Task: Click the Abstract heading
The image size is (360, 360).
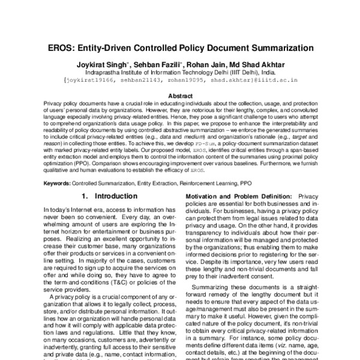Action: pyautogui.click(x=179, y=96)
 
